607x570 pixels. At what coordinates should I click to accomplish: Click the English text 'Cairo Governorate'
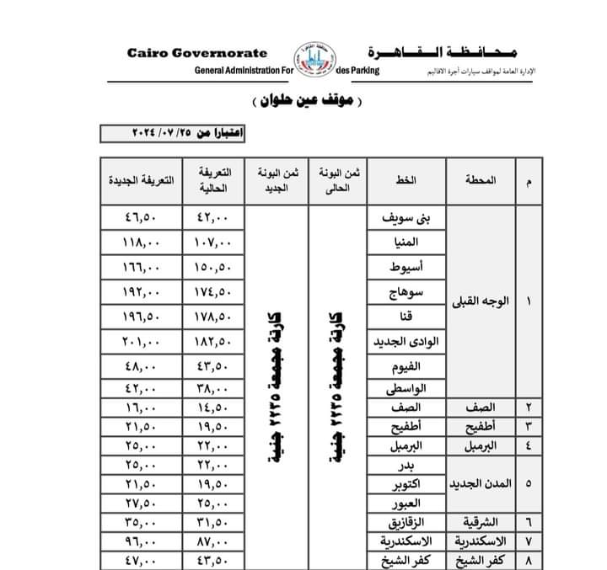(197, 52)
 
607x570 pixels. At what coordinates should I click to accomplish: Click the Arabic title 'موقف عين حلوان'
(305, 102)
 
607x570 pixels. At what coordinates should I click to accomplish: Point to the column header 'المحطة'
(480, 180)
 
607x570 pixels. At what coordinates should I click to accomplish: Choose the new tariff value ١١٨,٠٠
(140, 243)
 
